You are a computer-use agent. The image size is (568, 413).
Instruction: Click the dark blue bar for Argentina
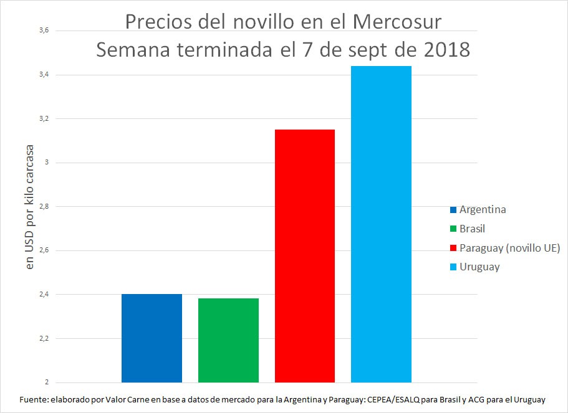(x=152, y=338)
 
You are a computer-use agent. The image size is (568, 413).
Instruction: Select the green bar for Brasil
(x=228, y=340)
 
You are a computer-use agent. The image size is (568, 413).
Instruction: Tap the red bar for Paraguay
(x=305, y=255)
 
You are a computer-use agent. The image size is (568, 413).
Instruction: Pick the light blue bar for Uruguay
(x=381, y=224)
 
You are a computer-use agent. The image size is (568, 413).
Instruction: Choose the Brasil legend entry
(x=472, y=229)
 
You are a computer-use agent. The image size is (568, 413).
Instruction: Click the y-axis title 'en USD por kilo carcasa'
(x=29, y=208)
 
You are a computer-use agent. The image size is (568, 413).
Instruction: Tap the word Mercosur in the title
(x=397, y=22)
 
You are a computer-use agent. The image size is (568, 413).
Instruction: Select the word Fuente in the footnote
(x=34, y=399)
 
